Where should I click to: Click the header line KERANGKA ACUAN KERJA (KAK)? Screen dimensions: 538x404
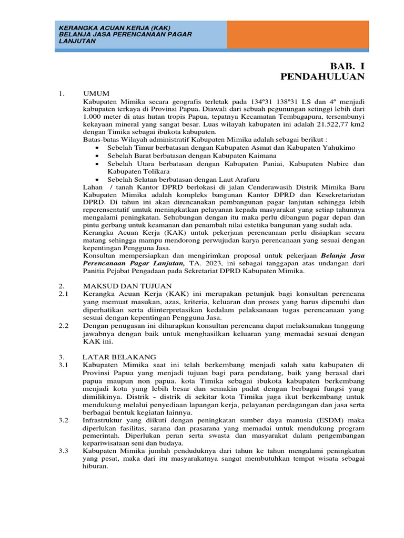click(115, 28)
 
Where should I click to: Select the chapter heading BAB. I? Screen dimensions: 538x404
click(347, 66)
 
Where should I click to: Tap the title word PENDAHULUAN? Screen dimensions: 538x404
click(322, 77)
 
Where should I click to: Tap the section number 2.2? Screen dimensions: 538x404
click(63, 326)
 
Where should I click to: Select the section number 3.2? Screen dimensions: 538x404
click(63, 421)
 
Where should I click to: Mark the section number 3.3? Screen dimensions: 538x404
click(63, 451)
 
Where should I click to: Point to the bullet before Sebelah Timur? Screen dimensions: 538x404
click(98, 149)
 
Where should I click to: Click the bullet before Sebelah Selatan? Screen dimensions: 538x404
click(98, 179)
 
